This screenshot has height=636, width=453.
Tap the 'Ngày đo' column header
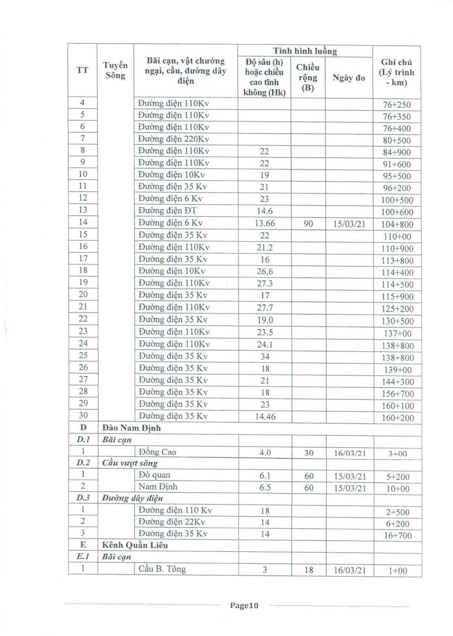coord(349,78)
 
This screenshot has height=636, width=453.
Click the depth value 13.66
coord(264,224)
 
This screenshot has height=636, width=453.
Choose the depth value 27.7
coord(264,307)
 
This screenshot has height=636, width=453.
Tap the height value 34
coord(264,356)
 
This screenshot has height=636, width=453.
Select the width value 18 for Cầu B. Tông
coord(308,570)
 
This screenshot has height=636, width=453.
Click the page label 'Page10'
coord(243,606)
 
